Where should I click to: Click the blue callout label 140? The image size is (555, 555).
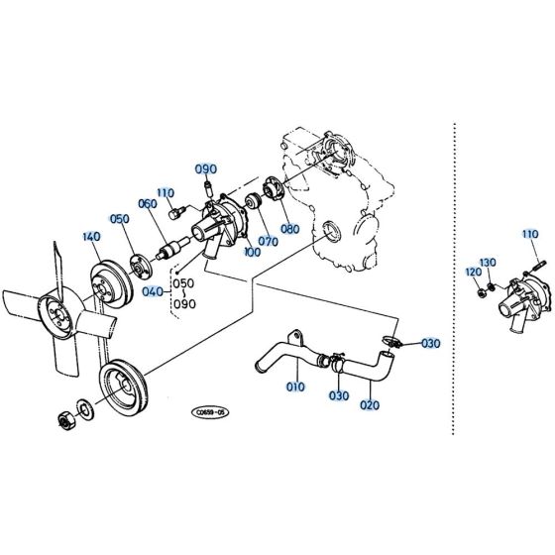[90, 238]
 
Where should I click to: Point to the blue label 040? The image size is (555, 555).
[153, 292]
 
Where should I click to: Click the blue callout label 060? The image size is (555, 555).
[148, 204]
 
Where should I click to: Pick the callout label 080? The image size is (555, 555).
[289, 229]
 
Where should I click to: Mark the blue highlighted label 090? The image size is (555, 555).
[205, 168]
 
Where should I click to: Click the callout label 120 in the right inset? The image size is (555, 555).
[473, 272]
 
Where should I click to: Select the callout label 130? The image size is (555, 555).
[488, 262]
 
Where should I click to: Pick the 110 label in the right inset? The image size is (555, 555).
[529, 234]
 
